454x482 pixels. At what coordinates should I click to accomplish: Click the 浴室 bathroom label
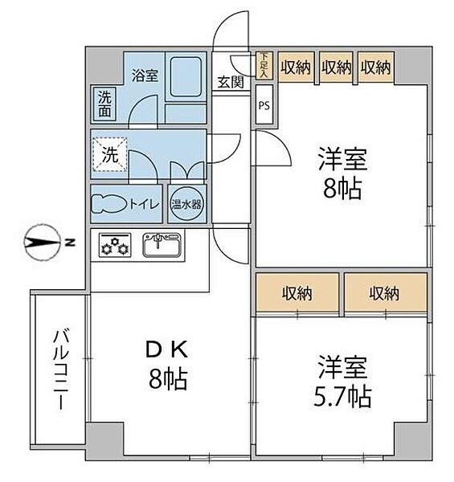[145, 75]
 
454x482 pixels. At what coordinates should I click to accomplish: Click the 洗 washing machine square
[110, 155]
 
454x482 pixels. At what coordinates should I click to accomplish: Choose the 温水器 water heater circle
[186, 204]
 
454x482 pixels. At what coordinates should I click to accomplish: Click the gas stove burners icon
[114, 244]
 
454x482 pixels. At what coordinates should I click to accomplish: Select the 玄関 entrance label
[231, 82]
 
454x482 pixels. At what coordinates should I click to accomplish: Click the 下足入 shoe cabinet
[264, 66]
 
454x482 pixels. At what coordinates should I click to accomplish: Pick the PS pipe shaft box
[264, 104]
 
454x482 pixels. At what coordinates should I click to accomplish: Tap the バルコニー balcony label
[60, 370]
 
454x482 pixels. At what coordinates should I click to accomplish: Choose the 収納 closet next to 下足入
[296, 67]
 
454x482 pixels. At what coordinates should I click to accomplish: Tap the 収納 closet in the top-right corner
[375, 67]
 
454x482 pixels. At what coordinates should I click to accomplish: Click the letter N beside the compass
[71, 243]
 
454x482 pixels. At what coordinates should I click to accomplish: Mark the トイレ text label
[145, 204]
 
